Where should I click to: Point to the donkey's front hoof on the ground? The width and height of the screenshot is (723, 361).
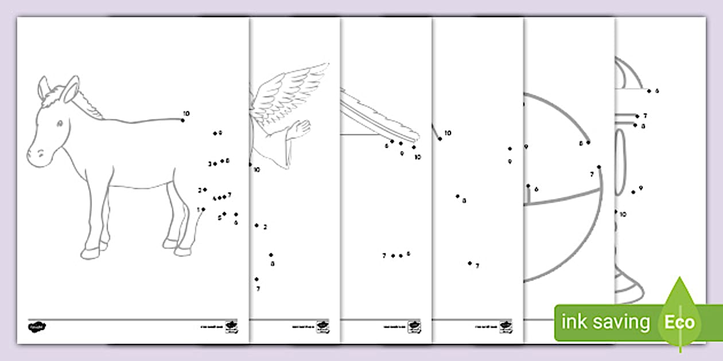coord(90,253)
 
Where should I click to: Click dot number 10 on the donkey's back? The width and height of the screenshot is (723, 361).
coord(182,120)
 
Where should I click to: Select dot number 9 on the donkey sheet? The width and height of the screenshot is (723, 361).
coord(215,133)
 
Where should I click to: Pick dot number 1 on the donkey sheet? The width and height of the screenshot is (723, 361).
coord(203,209)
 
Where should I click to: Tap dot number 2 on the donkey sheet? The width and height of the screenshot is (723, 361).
coord(204,189)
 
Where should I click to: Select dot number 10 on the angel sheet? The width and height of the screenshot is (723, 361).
coord(250,164)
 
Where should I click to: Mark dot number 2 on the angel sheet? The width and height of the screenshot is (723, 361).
coord(256,226)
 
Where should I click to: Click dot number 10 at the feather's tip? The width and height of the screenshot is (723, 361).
coord(413,147)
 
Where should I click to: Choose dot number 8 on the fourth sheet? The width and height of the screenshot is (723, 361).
coord(457,196)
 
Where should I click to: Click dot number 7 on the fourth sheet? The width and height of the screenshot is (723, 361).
coord(469,263)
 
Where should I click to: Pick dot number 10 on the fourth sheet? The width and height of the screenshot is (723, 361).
coord(440,138)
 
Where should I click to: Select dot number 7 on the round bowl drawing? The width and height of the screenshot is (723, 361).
coord(598,167)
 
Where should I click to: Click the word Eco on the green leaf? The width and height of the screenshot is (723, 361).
coord(679,322)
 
